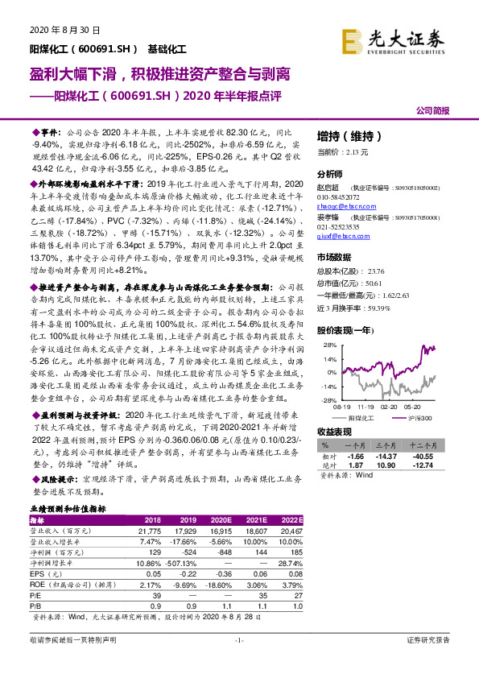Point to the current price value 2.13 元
coord(355,151)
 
